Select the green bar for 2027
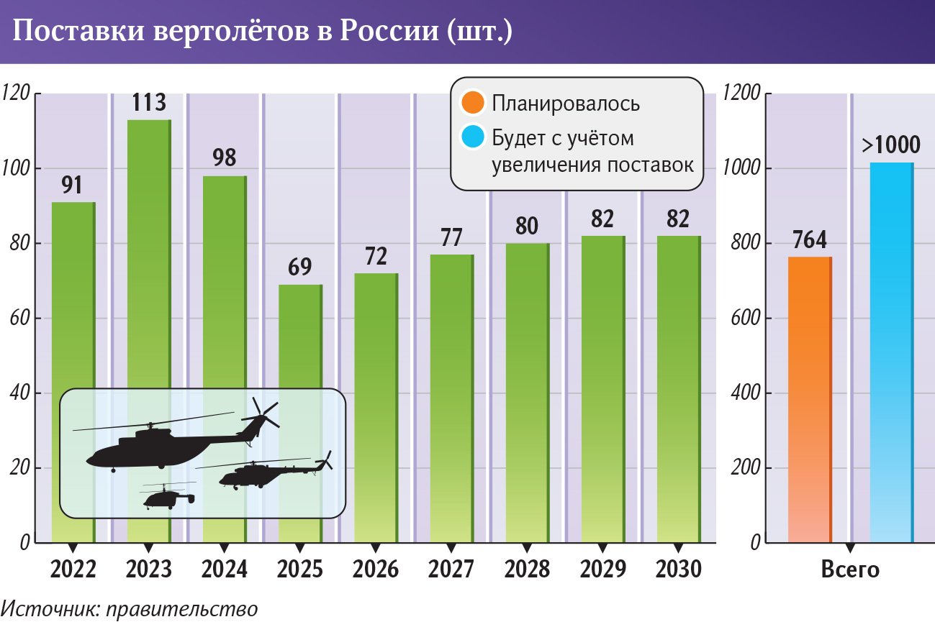[451, 395]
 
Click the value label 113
[149, 103]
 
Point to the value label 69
[300, 267]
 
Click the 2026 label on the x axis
[376, 570]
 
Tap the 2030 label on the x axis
[678, 570]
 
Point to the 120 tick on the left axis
[16, 93]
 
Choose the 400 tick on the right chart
[744, 393]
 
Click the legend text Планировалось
[566, 104]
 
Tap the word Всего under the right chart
[850, 570]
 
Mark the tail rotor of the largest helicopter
[264, 413]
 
